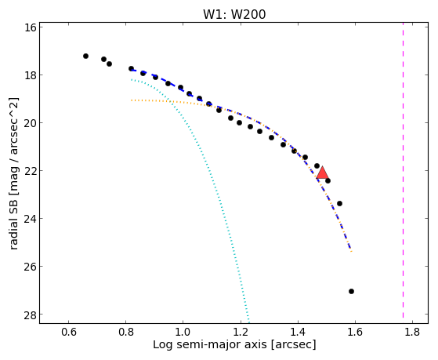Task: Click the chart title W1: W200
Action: click(234, 14)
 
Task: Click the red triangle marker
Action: click(322, 173)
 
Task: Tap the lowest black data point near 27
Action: click(351, 292)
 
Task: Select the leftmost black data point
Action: click(85, 56)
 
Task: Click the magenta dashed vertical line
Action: click(403, 170)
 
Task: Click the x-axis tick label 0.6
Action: click(69, 333)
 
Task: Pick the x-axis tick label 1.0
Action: click(183, 333)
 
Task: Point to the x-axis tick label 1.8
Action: click(412, 333)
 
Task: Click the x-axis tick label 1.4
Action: click(298, 333)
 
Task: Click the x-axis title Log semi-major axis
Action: click(210, 344)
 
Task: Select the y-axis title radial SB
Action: click(14, 226)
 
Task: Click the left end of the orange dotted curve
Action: click(132, 100)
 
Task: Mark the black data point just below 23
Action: click(340, 203)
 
